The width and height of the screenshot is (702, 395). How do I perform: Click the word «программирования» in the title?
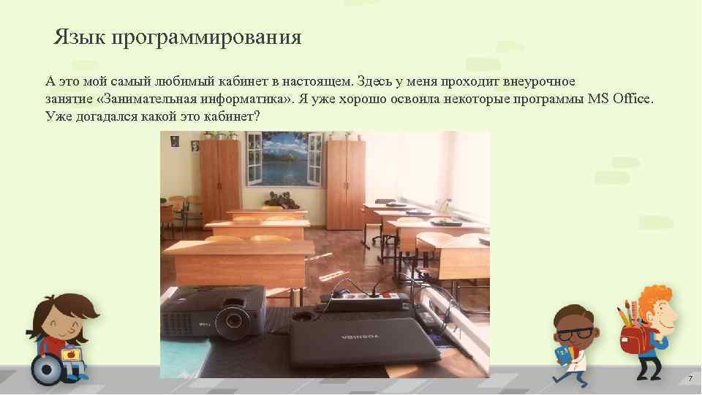tap(207, 37)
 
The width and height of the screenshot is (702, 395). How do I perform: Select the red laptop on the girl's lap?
tap(71, 355)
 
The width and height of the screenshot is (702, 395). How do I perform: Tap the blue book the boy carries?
tap(562, 354)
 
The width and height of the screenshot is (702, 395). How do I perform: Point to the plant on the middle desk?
tap(277, 197)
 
